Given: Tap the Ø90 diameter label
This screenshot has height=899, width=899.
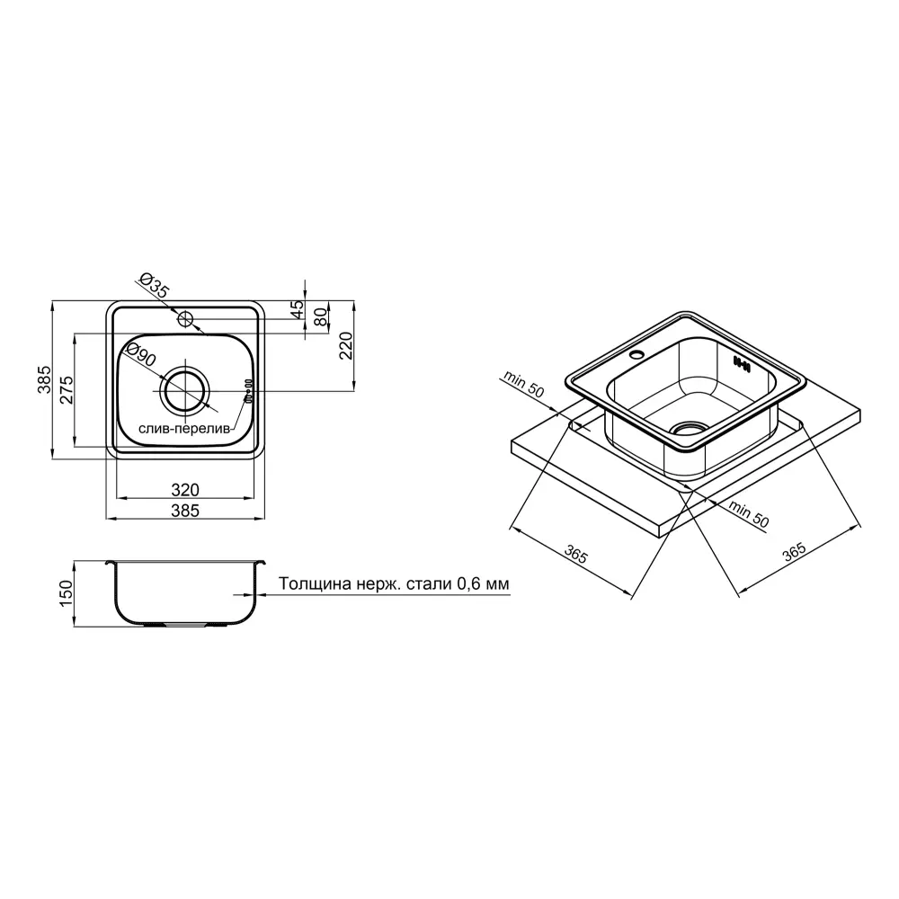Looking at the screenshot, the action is [140, 355].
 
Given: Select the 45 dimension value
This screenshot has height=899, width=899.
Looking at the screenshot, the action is [298, 309].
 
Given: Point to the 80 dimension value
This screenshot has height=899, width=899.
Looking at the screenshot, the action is [321, 316].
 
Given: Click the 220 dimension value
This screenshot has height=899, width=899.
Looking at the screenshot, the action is [346, 345].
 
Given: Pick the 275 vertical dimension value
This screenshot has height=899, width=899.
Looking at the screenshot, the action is [67, 390].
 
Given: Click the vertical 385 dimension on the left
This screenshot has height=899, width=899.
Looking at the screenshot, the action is [44, 379].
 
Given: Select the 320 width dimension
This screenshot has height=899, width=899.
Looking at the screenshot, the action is [185, 490].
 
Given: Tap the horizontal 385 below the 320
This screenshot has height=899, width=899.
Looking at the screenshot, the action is [185, 511].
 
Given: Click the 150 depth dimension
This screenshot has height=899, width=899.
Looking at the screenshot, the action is [67, 593].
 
